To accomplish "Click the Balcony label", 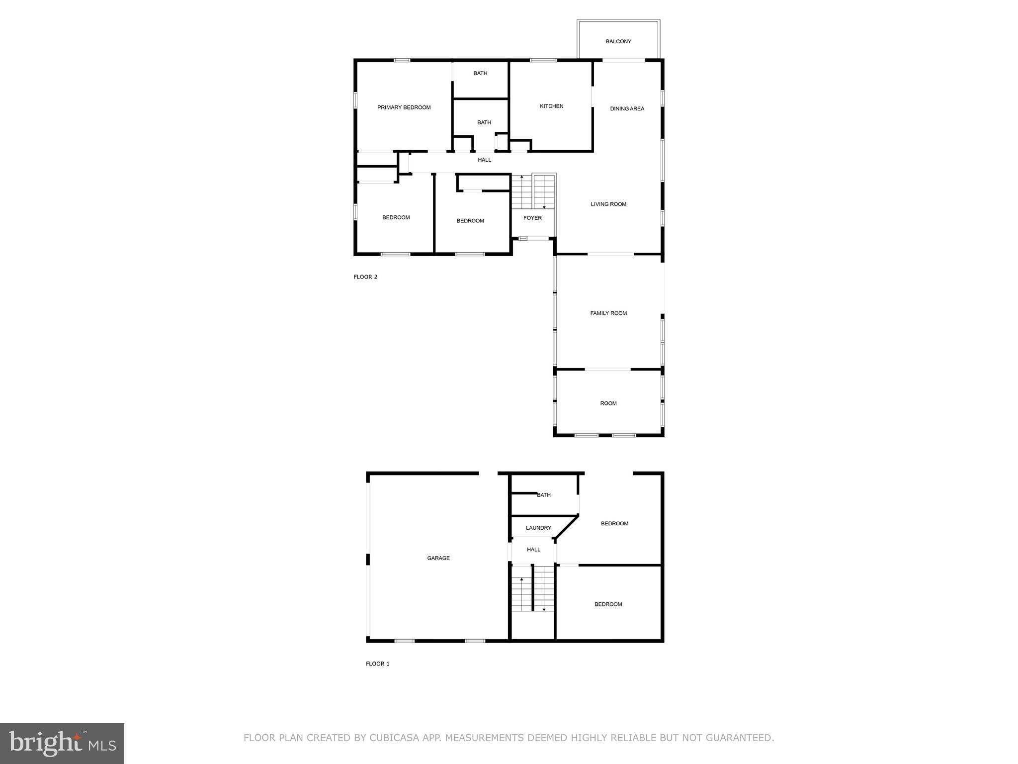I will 618,41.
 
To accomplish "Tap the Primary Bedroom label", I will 404,107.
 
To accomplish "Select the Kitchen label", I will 551,106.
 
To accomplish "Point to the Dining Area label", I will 627,108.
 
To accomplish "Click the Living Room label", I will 608,204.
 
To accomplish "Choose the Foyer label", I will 532,218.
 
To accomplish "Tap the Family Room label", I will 608,313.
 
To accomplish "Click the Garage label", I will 438,558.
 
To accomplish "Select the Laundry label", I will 538,528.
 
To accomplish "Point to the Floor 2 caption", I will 365,277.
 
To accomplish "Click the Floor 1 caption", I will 377,664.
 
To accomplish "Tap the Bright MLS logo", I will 62,743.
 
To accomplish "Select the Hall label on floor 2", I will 484,160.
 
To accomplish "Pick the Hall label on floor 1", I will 533,550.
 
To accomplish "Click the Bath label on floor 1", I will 543,495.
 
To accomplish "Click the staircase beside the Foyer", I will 533,191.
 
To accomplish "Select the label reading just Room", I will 608,403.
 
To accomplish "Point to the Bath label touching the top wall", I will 480,73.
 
